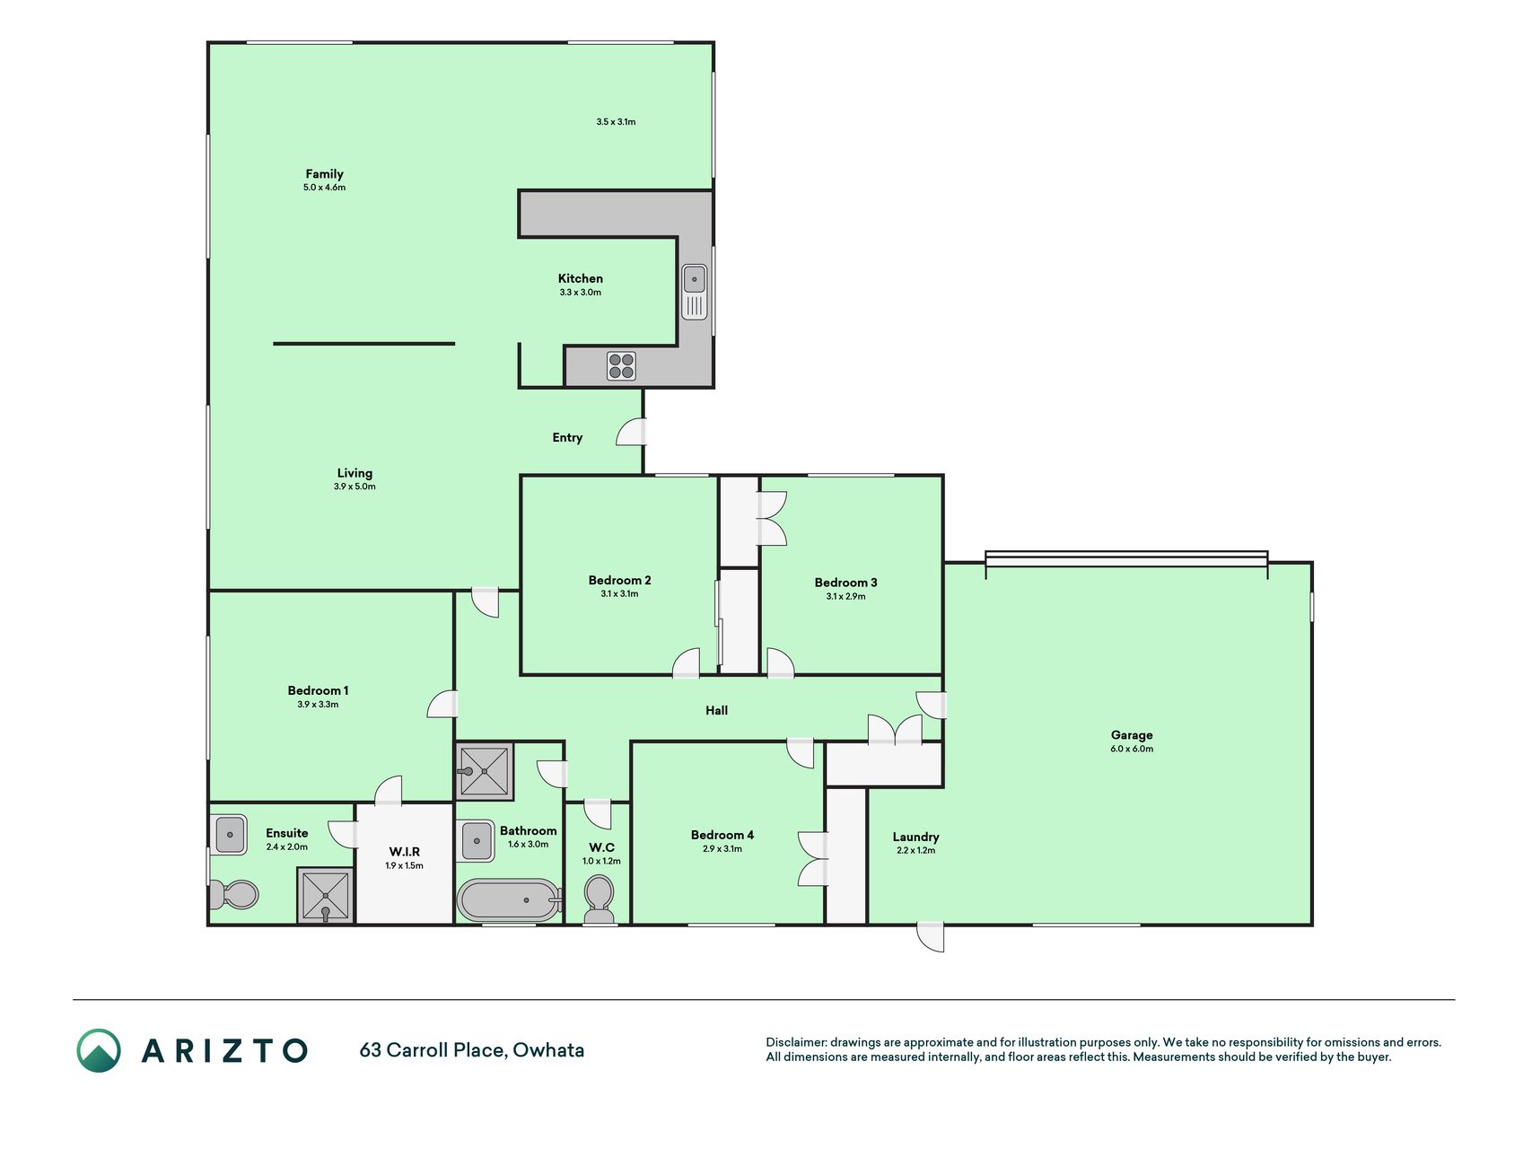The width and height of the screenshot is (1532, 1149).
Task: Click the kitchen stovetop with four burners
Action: tap(621, 366)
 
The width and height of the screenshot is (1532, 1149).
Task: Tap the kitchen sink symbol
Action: tap(695, 292)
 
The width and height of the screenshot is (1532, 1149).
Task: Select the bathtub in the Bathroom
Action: tap(508, 900)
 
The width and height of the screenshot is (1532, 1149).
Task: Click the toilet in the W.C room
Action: tap(599, 899)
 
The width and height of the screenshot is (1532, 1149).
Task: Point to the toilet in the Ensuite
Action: tap(233, 894)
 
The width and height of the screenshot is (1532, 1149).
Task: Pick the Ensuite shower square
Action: tap(325, 895)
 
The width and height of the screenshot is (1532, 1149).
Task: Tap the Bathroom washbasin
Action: tap(477, 841)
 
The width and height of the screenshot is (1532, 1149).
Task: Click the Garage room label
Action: tap(1132, 735)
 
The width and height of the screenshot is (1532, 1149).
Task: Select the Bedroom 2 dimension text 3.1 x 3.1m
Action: tap(619, 594)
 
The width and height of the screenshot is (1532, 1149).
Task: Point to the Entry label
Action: tap(567, 438)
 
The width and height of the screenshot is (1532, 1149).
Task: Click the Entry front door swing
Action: tap(631, 433)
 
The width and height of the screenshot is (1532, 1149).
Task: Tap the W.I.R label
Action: tap(404, 852)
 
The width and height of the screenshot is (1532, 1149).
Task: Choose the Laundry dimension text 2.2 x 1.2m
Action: tap(915, 851)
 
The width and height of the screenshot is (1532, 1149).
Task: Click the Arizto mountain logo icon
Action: tap(99, 1050)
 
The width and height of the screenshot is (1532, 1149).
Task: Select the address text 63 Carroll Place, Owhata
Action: tap(472, 1050)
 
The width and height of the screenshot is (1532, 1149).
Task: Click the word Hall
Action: tap(716, 711)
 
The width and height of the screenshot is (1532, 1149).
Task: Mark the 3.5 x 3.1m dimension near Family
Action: tap(616, 122)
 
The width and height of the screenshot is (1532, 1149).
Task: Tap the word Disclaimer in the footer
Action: tap(796, 1042)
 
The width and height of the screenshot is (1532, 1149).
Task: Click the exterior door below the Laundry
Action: tap(931, 937)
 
